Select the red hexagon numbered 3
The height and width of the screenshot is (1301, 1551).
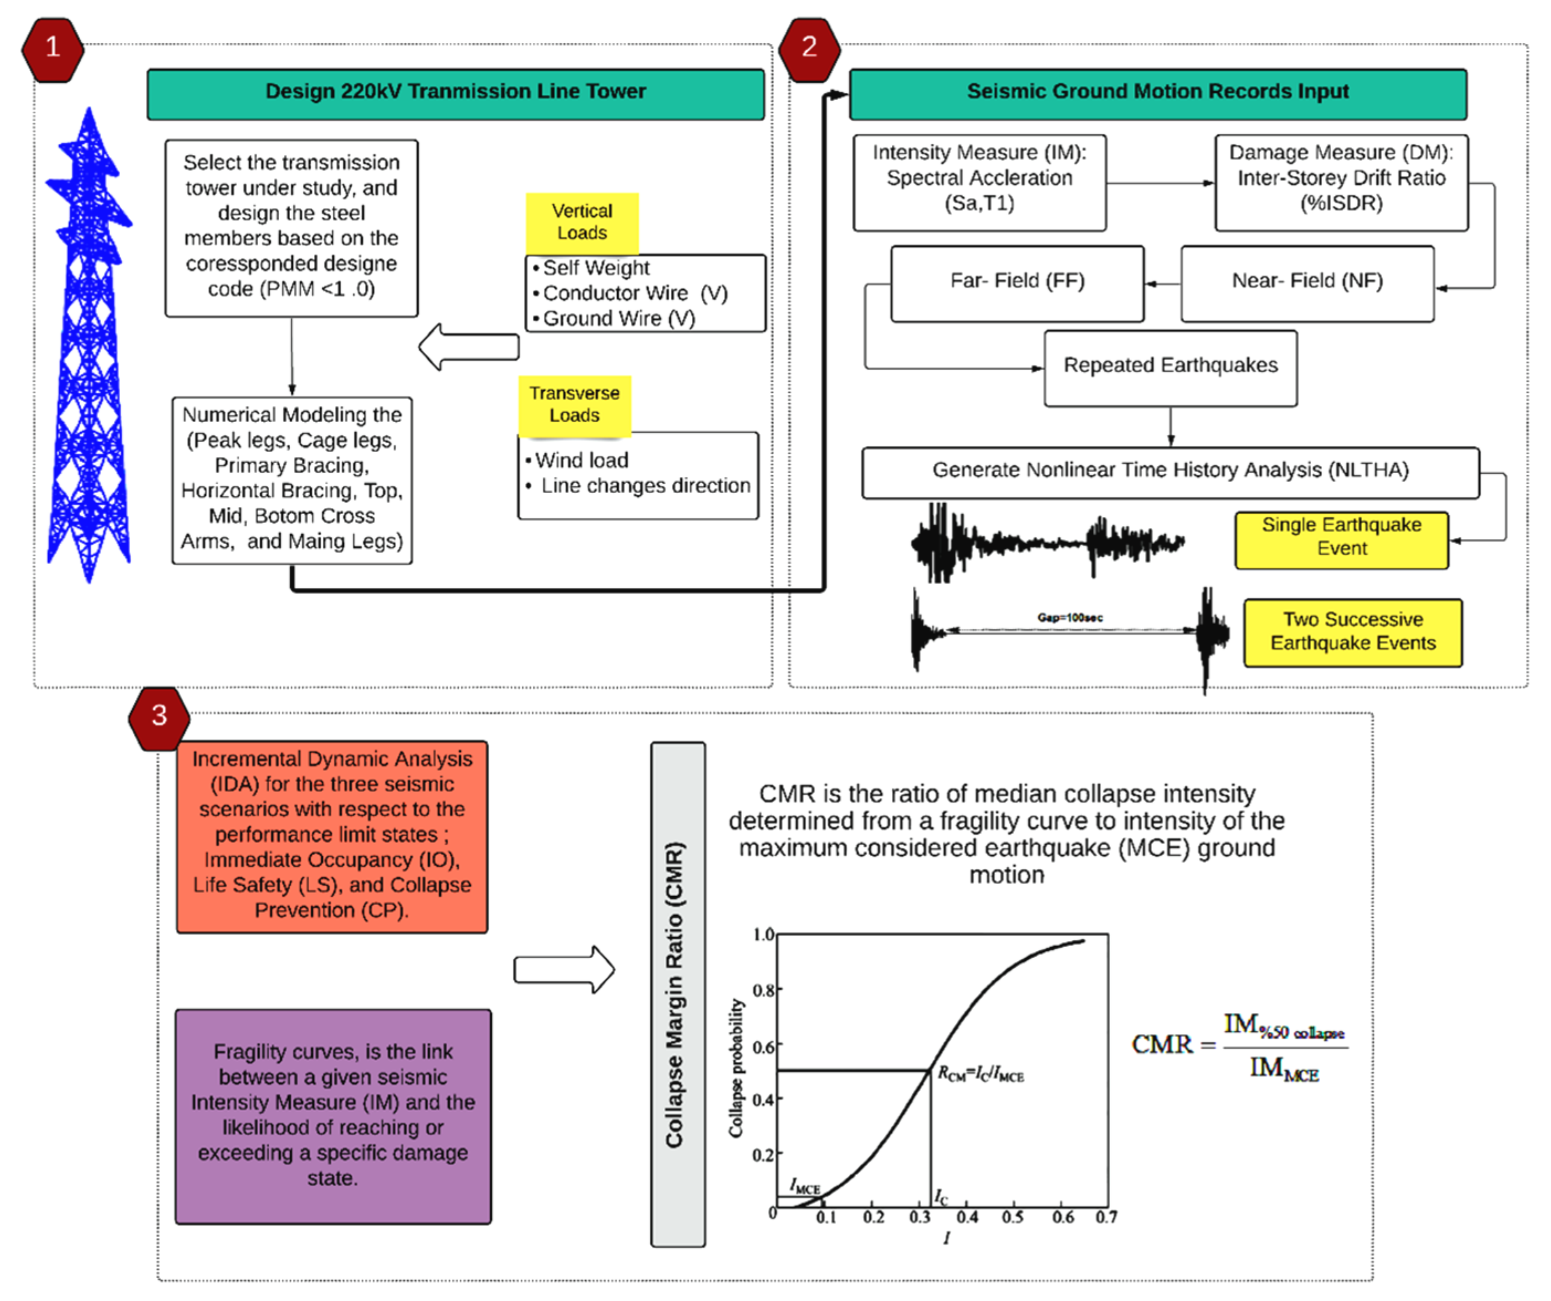159,716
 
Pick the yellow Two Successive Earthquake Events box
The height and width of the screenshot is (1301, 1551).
1352,632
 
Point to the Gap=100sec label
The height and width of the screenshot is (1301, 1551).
1070,618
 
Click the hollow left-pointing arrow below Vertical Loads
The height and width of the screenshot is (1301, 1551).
469,347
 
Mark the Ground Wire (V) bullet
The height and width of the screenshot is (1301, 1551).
619,319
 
